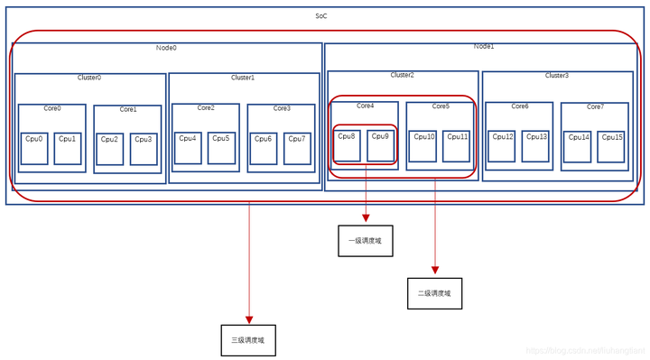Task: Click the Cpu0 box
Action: point(34,149)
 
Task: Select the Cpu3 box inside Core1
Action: point(144,149)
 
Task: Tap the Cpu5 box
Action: point(221,148)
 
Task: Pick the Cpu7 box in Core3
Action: point(297,148)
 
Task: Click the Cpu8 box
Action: point(347,145)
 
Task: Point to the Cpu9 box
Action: point(381,145)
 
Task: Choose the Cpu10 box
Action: point(423,146)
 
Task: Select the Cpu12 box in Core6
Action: point(502,146)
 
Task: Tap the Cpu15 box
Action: point(611,147)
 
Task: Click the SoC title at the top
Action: point(322,17)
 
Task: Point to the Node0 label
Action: point(166,48)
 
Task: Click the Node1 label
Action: point(484,46)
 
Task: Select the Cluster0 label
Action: point(89,78)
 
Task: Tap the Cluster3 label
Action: point(557,76)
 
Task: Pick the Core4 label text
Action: point(365,106)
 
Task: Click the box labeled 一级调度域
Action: point(366,241)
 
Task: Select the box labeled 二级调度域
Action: point(434,293)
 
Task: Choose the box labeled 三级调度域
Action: point(248,340)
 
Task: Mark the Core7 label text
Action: point(595,106)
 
